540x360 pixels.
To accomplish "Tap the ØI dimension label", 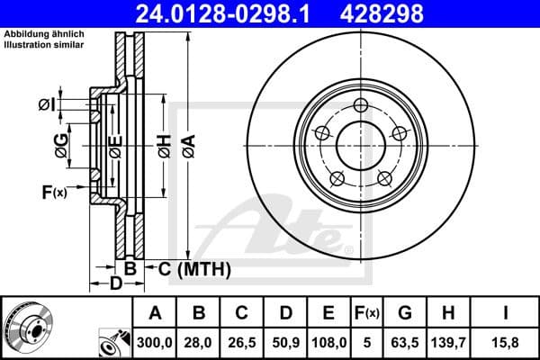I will pyautogui.click(x=47, y=105).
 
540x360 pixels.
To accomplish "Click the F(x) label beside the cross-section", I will pyautogui.click(x=54, y=192).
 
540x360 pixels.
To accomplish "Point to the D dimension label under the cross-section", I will pyautogui.click(x=115, y=285).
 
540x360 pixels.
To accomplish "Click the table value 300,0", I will pyautogui.click(x=155, y=341).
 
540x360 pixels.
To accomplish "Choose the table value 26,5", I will pyautogui.click(x=241, y=341).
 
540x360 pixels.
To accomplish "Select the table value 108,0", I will pyautogui.click(x=328, y=341).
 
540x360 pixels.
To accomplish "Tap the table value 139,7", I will pyautogui.click(x=447, y=341).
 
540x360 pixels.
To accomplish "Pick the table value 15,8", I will pyautogui.click(x=506, y=341).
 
